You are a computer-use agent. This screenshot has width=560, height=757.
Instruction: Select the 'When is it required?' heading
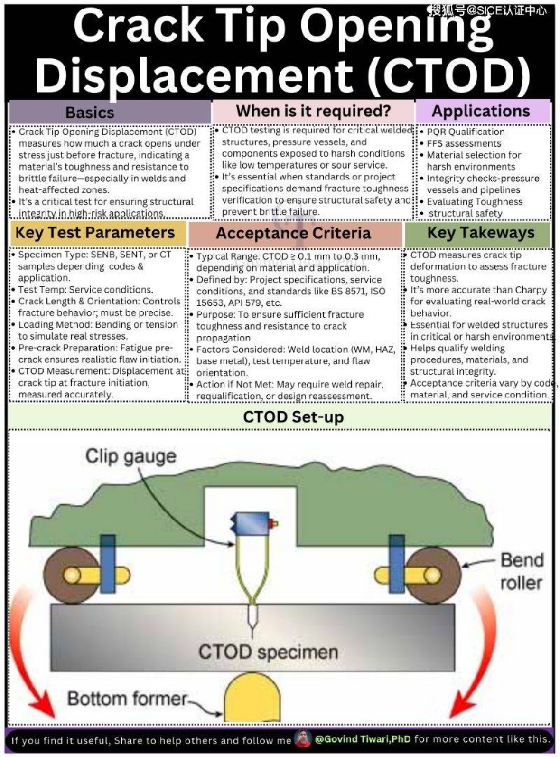point(313,111)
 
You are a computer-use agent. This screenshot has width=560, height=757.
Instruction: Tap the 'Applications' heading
point(481,111)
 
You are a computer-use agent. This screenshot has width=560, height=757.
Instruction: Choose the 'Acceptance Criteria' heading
point(294,233)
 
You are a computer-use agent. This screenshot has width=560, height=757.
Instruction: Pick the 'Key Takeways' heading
point(480,233)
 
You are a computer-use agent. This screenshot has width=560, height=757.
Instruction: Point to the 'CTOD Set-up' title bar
point(282,416)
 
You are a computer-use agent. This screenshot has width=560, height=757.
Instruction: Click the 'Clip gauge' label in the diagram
point(130,456)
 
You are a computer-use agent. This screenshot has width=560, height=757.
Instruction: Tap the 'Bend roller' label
point(521,571)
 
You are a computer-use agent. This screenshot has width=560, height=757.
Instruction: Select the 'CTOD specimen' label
point(268,652)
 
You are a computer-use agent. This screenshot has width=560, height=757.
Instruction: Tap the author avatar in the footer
point(303,739)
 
